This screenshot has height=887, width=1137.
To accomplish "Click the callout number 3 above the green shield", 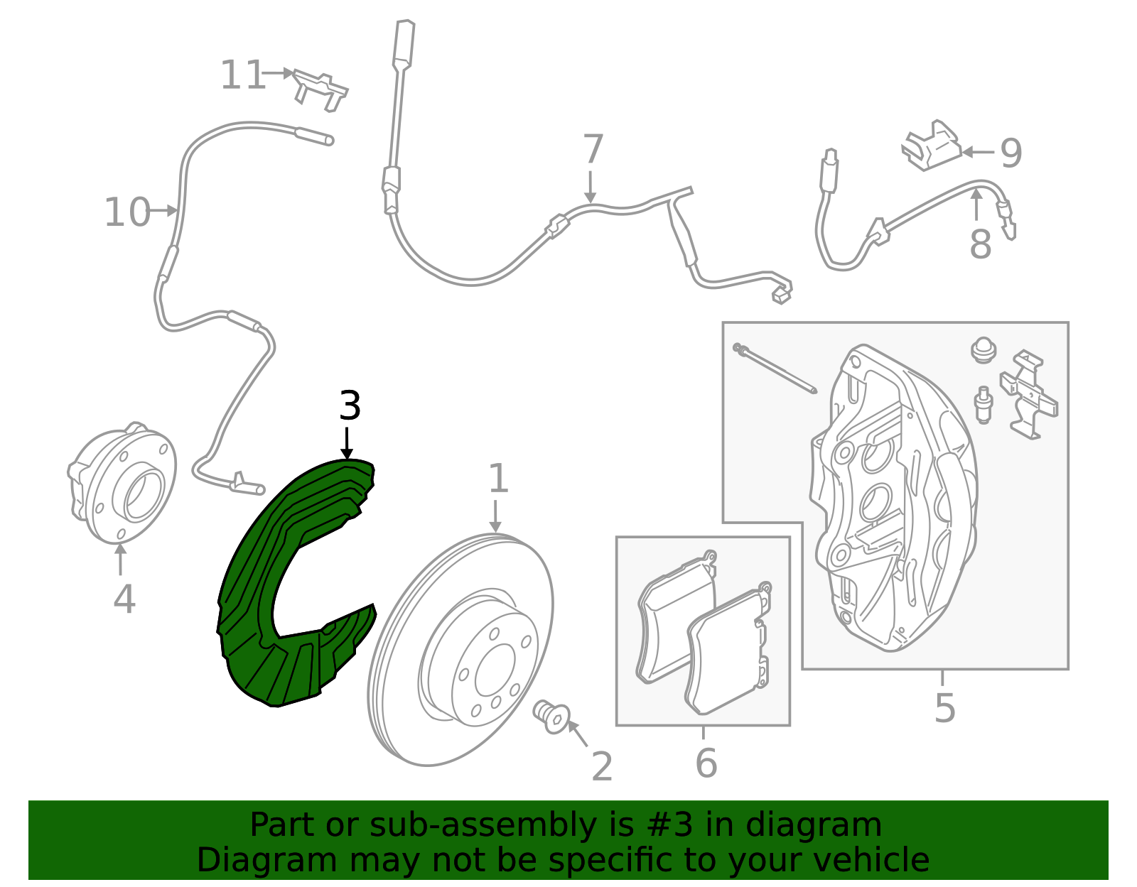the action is [x=350, y=406].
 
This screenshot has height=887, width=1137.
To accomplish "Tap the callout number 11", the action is [x=242, y=75].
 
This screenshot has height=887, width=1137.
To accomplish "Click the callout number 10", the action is [x=127, y=212].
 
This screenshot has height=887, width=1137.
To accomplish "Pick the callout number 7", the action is [x=593, y=149].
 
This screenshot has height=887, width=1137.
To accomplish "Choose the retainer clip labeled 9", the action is [x=931, y=146].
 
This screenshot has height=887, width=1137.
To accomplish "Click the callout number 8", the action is [x=980, y=244].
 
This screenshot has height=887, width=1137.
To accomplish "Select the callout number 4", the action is [x=124, y=599].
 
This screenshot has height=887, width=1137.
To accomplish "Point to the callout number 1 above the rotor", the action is [x=498, y=478].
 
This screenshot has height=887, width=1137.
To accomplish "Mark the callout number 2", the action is [x=602, y=767].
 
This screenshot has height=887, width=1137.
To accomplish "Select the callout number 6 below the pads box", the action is [x=706, y=763].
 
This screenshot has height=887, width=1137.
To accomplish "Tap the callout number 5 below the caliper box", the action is [x=945, y=708].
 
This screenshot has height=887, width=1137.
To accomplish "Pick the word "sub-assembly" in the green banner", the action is [x=483, y=825].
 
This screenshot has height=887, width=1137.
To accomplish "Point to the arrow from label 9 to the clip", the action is [x=978, y=152].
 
